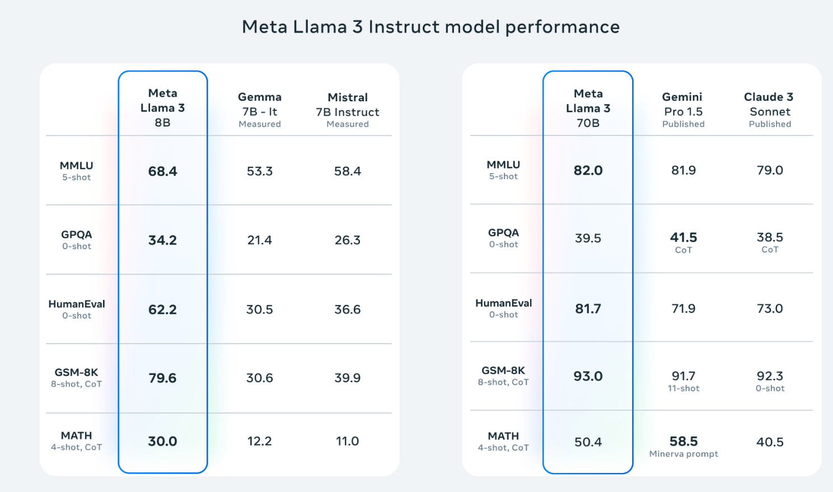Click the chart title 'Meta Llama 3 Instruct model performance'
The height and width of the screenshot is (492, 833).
[x=430, y=27]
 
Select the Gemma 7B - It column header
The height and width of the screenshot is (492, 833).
[x=260, y=110]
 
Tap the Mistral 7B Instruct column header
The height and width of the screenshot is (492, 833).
[x=347, y=110]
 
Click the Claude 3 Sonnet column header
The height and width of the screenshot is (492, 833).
[x=769, y=110]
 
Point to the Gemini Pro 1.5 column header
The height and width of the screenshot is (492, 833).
[x=683, y=110]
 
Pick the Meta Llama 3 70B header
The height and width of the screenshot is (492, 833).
[x=588, y=108]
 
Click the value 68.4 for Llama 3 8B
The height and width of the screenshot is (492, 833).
[x=162, y=171]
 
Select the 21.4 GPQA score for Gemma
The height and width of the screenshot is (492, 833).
[x=260, y=240]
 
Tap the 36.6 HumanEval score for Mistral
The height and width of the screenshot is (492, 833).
[x=347, y=310]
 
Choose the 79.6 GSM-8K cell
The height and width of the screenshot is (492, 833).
[x=162, y=378]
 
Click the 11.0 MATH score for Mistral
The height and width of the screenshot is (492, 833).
[x=347, y=442]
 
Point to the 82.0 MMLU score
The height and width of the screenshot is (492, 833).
[x=588, y=170]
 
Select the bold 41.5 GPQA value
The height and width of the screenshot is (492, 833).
[x=684, y=237]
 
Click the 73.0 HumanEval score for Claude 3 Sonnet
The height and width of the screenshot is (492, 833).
[x=770, y=308]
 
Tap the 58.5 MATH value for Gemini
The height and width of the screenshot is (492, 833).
[x=684, y=442]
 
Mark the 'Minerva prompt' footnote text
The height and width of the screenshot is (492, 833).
[x=684, y=454]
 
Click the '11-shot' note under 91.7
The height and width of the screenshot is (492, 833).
[x=684, y=388]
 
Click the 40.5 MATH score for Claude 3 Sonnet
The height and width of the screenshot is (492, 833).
[x=770, y=442]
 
